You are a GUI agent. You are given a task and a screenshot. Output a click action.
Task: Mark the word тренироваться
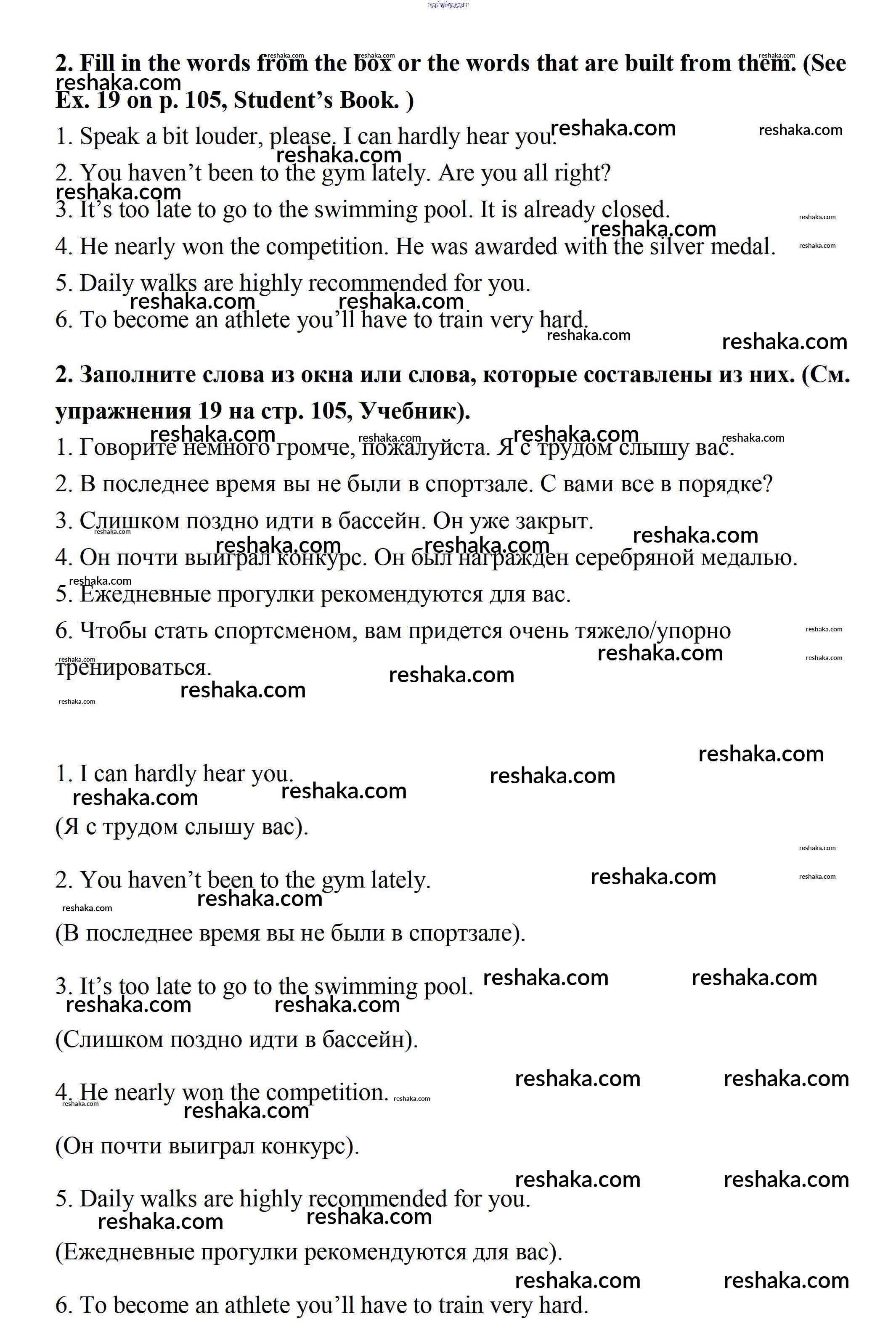(133, 668)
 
